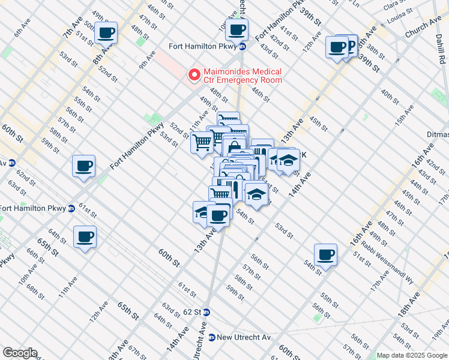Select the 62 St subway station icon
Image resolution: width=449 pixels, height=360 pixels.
click(x=206, y=312)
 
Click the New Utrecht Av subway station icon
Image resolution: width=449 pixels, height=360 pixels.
click(x=211, y=337)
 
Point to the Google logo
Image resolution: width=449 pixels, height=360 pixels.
click(x=20, y=353)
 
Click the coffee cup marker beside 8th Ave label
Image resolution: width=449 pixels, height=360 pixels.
click(x=106, y=33)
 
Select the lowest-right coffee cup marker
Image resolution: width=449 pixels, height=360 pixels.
click(x=325, y=254)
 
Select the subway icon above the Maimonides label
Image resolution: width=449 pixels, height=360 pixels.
click(x=243, y=47)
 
